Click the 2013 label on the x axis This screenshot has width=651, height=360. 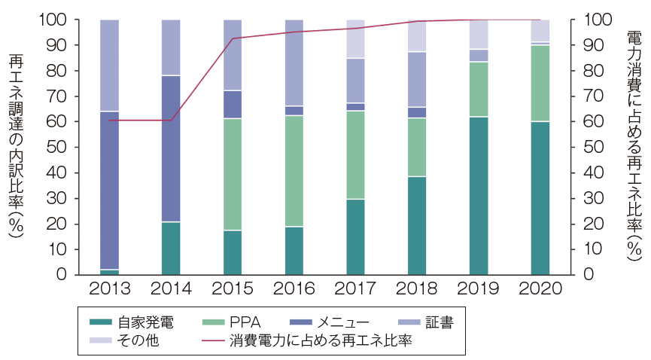click(x=110, y=289)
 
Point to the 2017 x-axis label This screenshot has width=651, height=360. click(x=355, y=289)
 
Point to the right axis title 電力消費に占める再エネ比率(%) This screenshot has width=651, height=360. click(x=634, y=146)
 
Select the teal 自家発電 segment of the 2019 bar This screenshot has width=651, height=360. click(x=479, y=196)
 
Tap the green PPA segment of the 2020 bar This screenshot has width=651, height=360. click(x=540, y=83)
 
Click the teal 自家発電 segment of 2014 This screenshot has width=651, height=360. click(x=172, y=248)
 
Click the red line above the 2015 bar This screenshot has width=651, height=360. click(x=233, y=38)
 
